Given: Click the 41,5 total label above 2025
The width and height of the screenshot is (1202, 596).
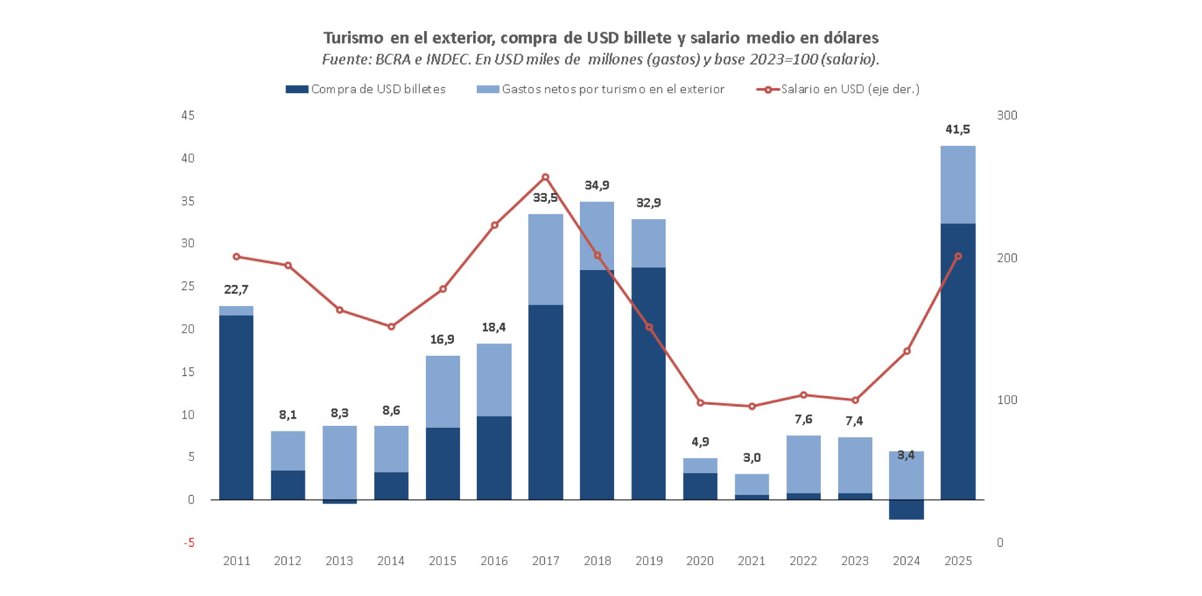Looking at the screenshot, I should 957,129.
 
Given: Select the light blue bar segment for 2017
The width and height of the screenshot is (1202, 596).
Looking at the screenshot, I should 546,260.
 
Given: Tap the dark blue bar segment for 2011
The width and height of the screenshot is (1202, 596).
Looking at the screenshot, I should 236,407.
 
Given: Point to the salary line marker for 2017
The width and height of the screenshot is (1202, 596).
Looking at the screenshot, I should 546,178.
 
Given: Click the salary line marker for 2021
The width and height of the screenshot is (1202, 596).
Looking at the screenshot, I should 752,407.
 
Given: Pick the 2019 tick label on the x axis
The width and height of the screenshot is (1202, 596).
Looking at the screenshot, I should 649,561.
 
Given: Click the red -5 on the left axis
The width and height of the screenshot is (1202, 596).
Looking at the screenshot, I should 189,543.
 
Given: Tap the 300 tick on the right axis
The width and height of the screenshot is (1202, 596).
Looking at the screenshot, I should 1007,115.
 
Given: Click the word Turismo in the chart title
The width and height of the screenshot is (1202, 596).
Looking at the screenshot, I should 353,38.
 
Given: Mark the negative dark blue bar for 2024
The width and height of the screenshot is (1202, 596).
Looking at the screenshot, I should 906,510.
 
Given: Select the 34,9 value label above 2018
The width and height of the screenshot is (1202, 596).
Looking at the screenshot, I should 597,185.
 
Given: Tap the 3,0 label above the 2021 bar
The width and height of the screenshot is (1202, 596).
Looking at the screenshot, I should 752,458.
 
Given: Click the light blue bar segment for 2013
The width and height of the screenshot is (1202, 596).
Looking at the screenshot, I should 340,463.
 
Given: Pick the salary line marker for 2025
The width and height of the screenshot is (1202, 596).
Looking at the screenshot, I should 958,256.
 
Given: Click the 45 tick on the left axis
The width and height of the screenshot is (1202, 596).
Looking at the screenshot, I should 188,115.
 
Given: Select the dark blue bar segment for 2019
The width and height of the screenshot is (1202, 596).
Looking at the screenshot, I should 649,383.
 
